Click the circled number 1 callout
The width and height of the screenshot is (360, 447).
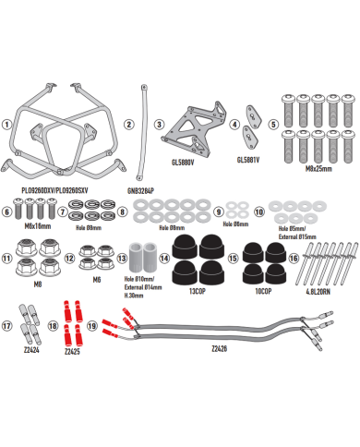[7, 124]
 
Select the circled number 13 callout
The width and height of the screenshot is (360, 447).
[123, 259]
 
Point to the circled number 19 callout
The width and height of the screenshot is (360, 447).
[93, 325]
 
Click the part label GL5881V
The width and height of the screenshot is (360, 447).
[248, 158]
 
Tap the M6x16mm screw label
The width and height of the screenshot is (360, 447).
[36, 225]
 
